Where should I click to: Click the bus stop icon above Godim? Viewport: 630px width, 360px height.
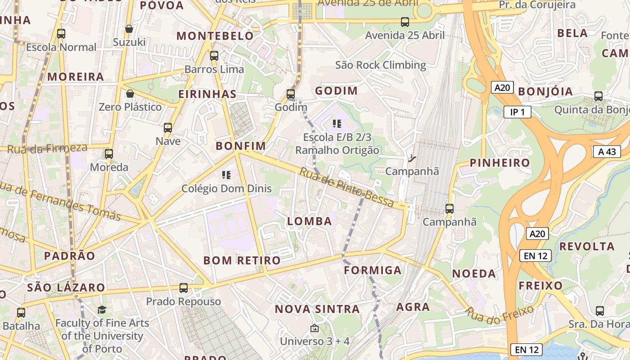pos(291,94)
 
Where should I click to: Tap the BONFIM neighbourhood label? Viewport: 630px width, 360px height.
pos(241,146)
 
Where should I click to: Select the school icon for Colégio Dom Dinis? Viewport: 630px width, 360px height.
pos(226,175)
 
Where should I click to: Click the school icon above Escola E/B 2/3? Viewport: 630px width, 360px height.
pos(337,123)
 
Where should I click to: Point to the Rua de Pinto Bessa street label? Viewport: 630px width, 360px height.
pos(346,188)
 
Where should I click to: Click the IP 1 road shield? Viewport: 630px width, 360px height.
pos(517,112)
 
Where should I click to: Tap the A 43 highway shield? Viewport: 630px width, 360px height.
pos(607,152)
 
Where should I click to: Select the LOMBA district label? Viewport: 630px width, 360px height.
pos(310,221)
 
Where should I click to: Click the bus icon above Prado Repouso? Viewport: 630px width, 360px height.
pos(184,288)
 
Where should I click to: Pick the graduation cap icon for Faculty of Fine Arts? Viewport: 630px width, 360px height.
pos(102,310)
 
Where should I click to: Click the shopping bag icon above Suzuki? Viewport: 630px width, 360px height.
pos(129,29)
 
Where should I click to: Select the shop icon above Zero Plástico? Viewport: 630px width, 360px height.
pos(130,94)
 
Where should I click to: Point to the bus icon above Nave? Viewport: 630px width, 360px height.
pos(168,128)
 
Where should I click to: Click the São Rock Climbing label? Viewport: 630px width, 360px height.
pos(381,65)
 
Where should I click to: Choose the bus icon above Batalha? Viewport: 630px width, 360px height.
pos(21,312)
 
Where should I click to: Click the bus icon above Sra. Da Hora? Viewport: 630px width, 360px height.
pos(600,310)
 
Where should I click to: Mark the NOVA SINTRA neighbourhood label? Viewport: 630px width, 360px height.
pos(317,309)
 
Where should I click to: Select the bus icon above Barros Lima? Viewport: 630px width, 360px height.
pos(214,56)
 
